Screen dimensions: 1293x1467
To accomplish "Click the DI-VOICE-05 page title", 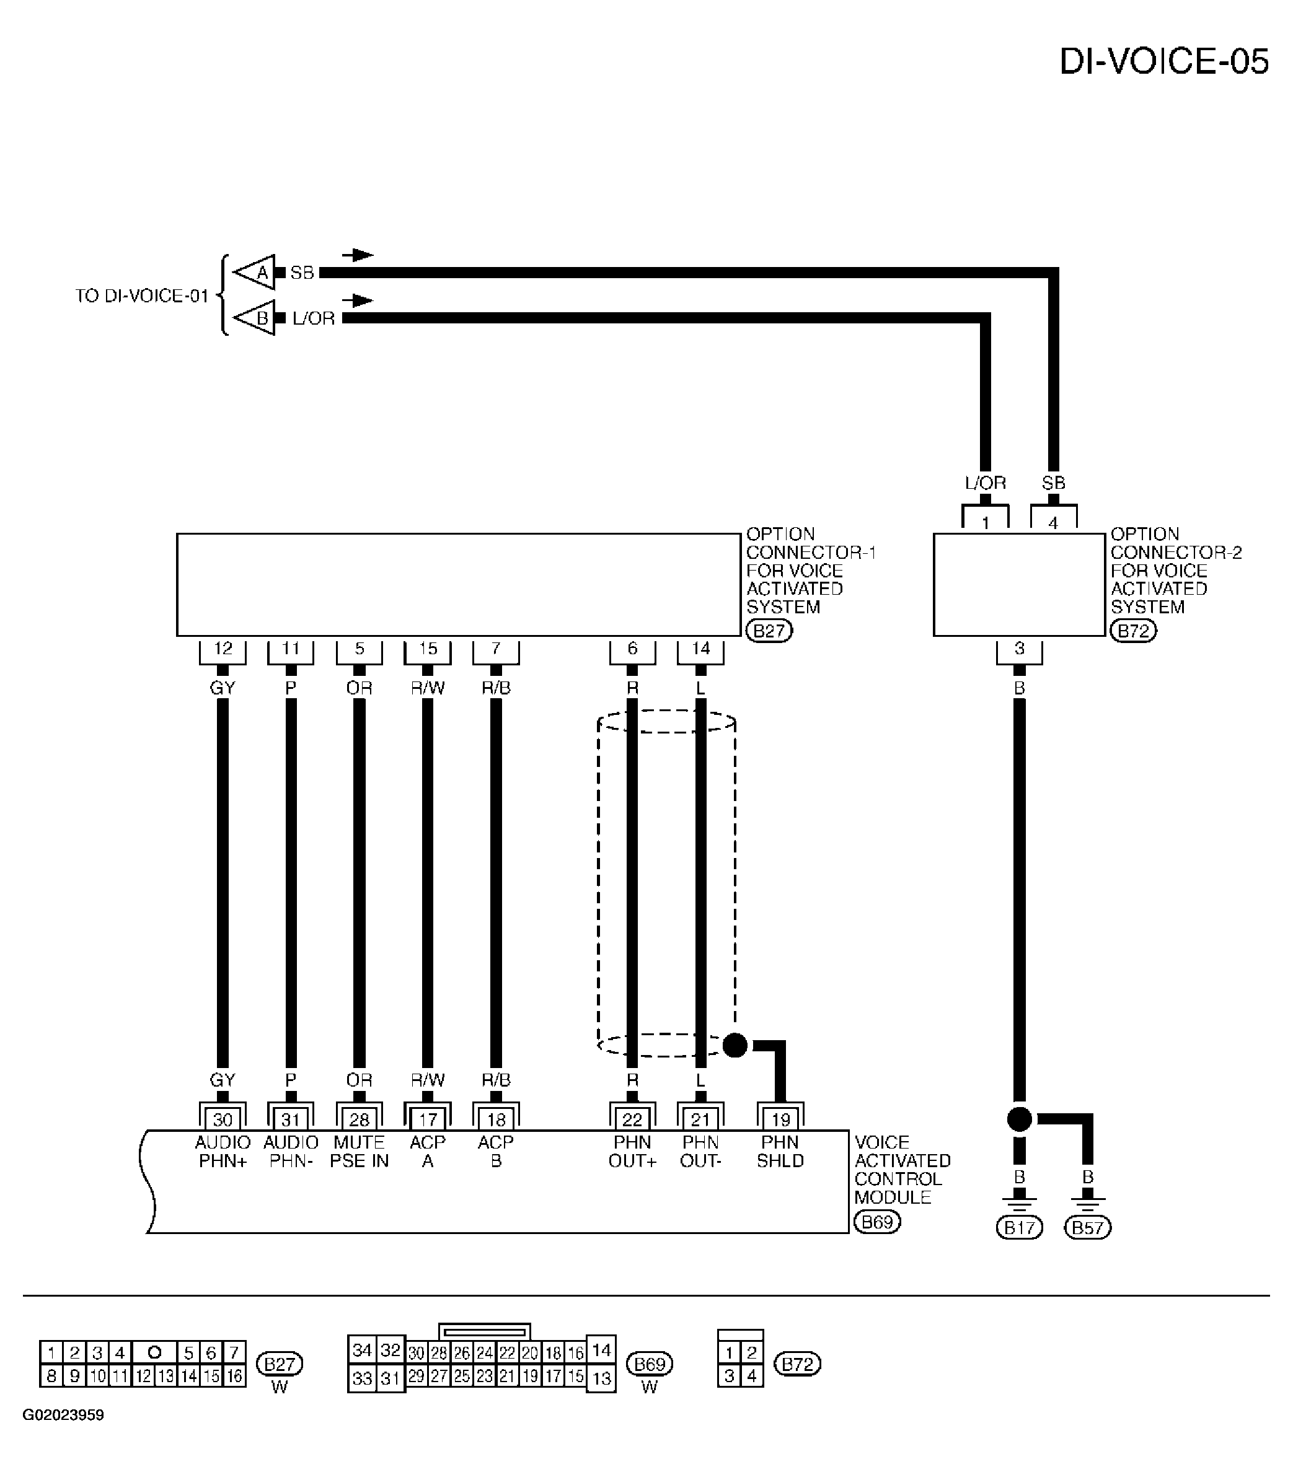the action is pos(1164,62).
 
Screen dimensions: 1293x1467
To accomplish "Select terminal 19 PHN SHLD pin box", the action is pos(780,1119).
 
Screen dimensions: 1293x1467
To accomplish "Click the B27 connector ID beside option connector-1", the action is pos(769,631).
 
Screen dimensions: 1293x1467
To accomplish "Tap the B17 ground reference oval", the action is pos(1020,1228).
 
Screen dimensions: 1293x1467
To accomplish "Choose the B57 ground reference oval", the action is pos(1088,1228).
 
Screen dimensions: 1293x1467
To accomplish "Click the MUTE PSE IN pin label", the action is pos(359,1151).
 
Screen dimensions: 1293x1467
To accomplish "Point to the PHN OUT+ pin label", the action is pos(632,1151).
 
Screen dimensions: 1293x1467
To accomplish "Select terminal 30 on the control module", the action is pos(223,1119).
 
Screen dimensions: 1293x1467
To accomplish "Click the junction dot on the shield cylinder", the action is pos(735,1046).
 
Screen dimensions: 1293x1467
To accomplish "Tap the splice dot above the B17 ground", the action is pos(1020,1119).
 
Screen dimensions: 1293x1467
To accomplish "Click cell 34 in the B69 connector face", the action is pos(362,1351).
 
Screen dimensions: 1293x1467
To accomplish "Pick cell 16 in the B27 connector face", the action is pos(234,1376).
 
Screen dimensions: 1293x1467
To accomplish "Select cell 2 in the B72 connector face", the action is pos(752,1353).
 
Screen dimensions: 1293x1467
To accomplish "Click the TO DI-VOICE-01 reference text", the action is pos(142,296).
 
